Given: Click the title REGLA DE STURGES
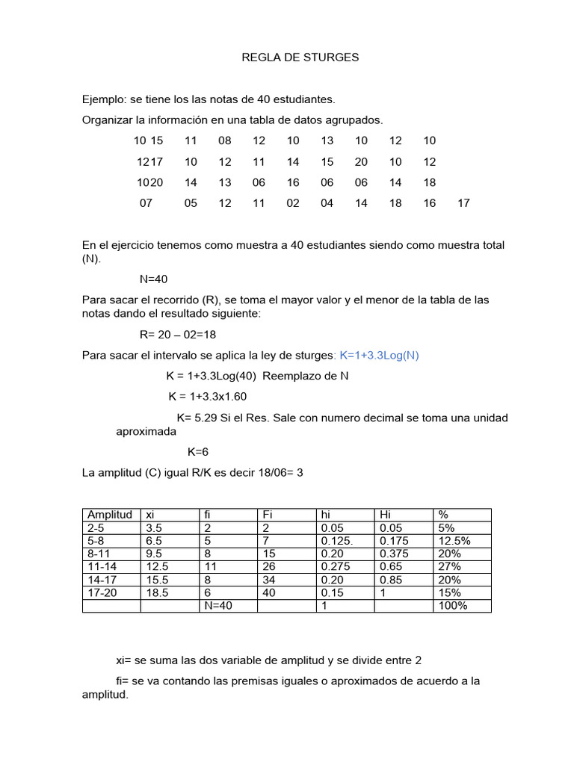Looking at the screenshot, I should [300, 58].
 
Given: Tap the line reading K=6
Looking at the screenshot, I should [197, 452].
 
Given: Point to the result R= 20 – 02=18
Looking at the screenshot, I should [177, 335].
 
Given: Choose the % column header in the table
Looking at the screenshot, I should [443, 515].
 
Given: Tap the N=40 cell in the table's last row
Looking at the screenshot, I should [218, 606].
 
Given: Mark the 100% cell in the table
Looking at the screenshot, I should [453, 606].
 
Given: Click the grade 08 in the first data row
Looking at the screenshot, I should [225, 141].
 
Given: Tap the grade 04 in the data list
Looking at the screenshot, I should [327, 203].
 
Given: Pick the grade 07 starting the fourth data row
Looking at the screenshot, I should [146, 203].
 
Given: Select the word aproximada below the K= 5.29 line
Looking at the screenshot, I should [146, 432].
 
